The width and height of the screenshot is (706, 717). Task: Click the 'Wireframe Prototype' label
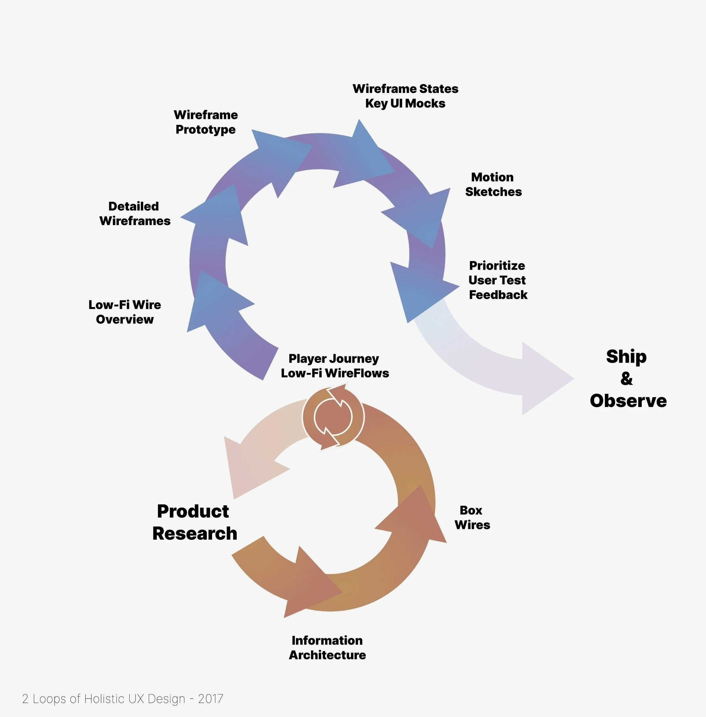coord(206,122)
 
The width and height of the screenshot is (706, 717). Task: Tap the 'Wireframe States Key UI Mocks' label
coord(405,96)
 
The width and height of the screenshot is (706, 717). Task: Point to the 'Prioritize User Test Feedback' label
coord(498,280)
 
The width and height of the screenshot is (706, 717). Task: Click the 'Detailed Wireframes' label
coord(135,213)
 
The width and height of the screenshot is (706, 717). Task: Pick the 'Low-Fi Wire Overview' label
coord(125,312)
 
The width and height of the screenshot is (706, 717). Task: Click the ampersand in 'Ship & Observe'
coord(626,378)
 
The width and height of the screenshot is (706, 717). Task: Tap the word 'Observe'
coord(628,401)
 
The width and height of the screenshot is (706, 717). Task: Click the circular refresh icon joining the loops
coord(333,417)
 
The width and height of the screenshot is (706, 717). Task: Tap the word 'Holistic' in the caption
coord(104,699)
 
